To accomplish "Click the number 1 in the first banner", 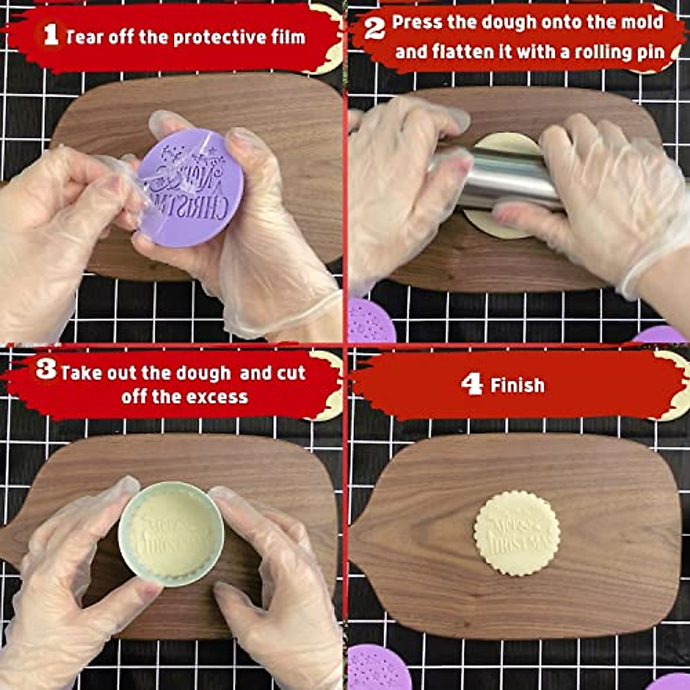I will click(51, 35).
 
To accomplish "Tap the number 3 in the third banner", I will click(46, 370).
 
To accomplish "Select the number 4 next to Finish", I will click(471, 384).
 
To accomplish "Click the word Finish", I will click(517, 385).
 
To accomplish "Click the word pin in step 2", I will click(652, 52).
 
